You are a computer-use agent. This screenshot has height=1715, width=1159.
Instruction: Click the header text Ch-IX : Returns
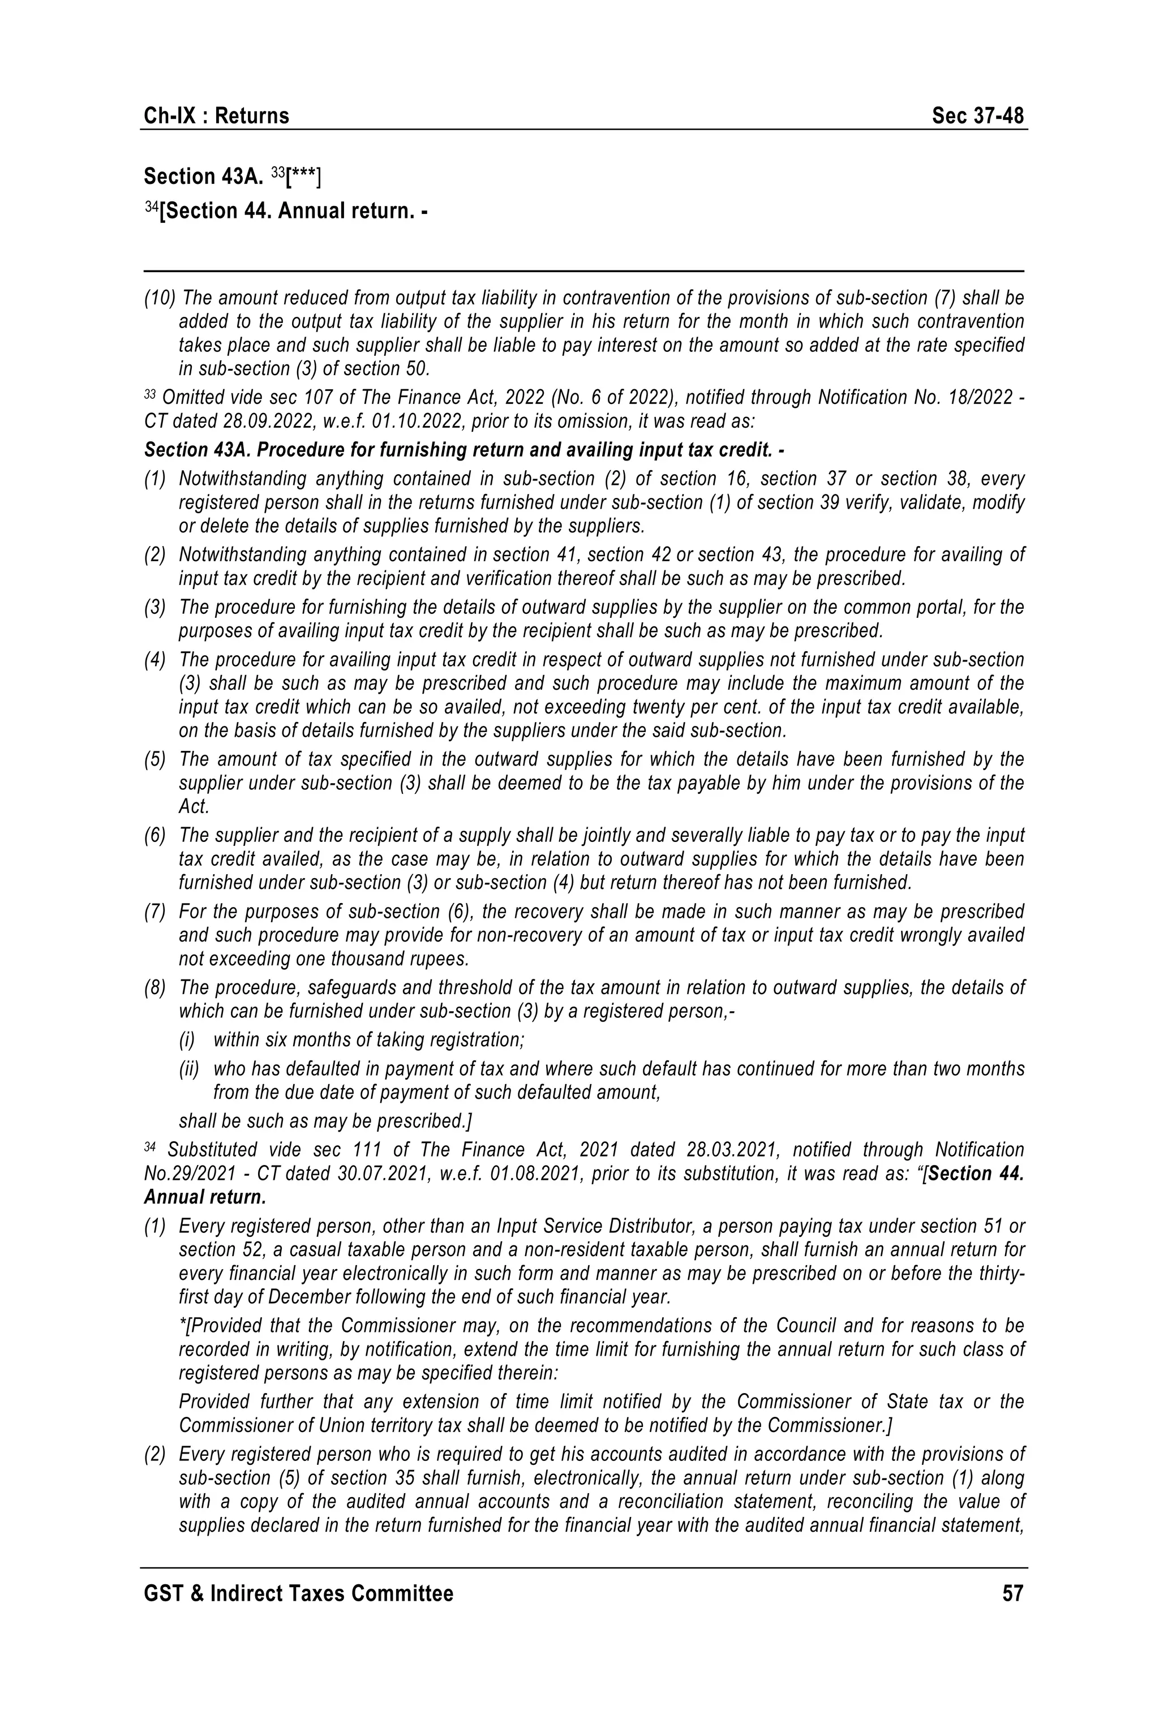pyautogui.click(x=216, y=116)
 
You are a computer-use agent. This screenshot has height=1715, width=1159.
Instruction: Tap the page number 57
pyautogui.click(x=1012, y=1593)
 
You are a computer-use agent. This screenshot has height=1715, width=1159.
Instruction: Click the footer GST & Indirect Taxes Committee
pyautogui.click(x=298, y=1593)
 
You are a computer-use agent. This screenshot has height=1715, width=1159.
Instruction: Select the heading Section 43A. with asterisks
pyautogui.click(x=232, y=177)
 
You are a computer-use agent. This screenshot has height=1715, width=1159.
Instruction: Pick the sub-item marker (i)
pyautogui.click(x=187, y=1041)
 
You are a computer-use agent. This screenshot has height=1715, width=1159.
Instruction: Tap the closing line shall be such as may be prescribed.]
pyautogui.click(x=325, y=1121)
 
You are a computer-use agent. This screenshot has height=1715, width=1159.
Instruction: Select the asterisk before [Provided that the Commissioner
pyautogui.click(x=182, y=1325)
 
